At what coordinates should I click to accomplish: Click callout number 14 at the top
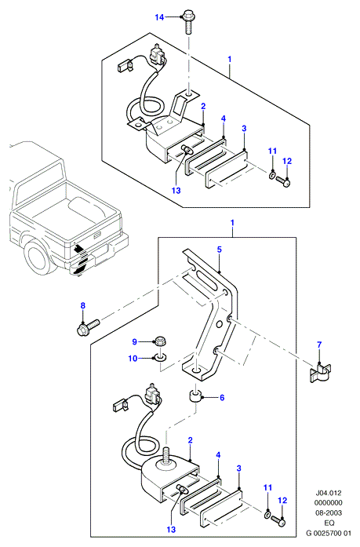tap(159, 17)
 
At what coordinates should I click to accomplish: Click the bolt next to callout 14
tap(187, 24)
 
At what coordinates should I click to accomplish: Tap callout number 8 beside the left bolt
tap(82, 305)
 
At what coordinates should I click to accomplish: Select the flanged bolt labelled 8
tap(88, 327)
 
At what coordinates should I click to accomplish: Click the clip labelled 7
tap(321, 373)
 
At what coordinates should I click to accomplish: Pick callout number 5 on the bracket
tap(219, 250)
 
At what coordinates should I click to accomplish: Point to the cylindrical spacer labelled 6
tap(195, 396)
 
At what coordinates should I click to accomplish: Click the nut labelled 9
tap(160, 340)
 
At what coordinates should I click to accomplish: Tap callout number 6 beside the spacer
tap(222, 397)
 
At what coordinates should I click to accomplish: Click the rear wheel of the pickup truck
tap(37, 257)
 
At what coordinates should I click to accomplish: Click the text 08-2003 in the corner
tap(329, 512)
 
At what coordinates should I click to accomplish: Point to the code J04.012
tap(329, 493)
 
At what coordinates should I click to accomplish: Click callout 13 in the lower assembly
tap(171, 530)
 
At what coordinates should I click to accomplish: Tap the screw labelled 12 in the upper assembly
tap(283, 181)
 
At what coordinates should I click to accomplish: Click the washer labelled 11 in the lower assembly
tap(267, 515)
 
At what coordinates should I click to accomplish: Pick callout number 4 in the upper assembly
tap(224, 119)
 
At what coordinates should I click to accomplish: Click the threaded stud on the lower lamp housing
tap(166, 456)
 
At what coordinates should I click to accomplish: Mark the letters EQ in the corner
tap(329, 523)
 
